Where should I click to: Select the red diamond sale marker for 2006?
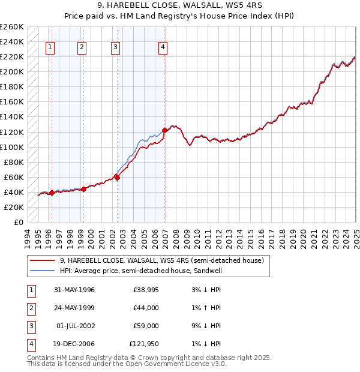[164, 130]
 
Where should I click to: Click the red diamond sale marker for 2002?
[117, 177]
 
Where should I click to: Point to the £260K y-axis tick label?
[12, 27]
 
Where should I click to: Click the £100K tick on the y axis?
[12, 147]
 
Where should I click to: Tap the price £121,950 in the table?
[144, 344]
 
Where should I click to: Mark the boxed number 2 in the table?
[30, 308]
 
